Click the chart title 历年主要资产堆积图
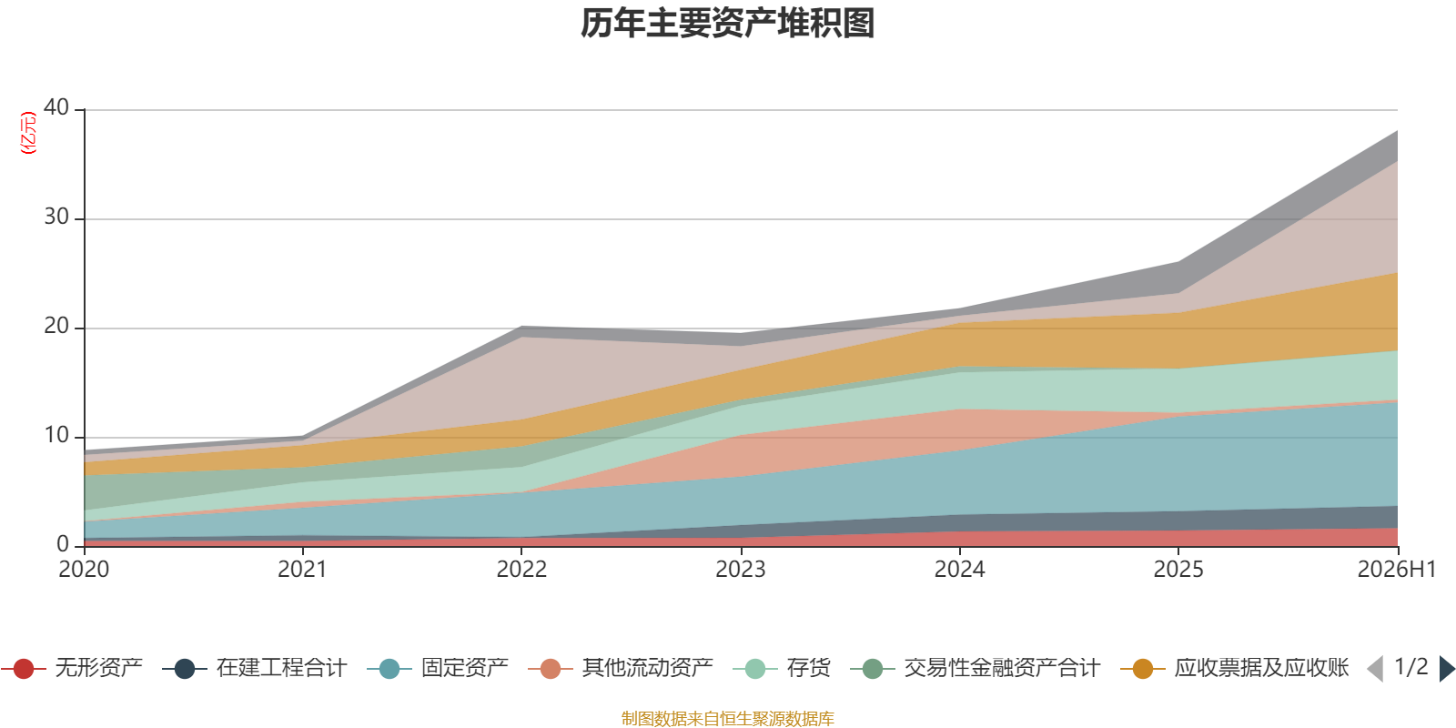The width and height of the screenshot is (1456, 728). [x=727, y=24]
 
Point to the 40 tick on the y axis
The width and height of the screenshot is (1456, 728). [x=56, y=108]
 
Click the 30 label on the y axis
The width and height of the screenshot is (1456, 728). [x=56, y=217]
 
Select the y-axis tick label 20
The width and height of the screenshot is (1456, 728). [x=56, y=327]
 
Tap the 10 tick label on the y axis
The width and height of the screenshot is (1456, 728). [x=56, y=436]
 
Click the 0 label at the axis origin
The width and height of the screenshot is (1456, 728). [x=63, y=544]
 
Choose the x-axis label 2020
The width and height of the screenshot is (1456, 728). [x=84, y=570]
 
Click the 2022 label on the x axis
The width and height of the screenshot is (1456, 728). [x=521, y=570]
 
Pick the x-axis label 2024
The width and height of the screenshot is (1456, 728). [x=959, y=570]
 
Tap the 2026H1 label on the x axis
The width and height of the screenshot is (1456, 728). [x=1396, y=570]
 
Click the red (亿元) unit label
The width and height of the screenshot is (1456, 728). [x=28, y=133]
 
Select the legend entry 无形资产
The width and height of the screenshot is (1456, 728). [x=72, y=668]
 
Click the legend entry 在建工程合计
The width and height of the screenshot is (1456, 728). [x=255, y=668]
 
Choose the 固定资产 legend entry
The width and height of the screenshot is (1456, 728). [x=438, y=668]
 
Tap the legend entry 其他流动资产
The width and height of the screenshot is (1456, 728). [x=621, y=668]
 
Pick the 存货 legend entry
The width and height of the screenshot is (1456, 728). [x=782, y=668]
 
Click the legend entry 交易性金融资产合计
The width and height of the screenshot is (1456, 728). [x=975, y=668]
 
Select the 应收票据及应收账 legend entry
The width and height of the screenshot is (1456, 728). [x=1234, y=668]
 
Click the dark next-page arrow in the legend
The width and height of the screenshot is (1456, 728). [x=1447, y=669]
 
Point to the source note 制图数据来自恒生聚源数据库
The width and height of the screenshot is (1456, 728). [x=727, y=718]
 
